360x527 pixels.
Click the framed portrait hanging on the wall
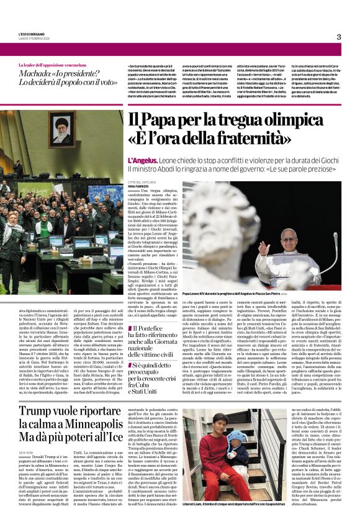(x=64, y=128)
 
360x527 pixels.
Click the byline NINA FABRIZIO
(x=139, y=186)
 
